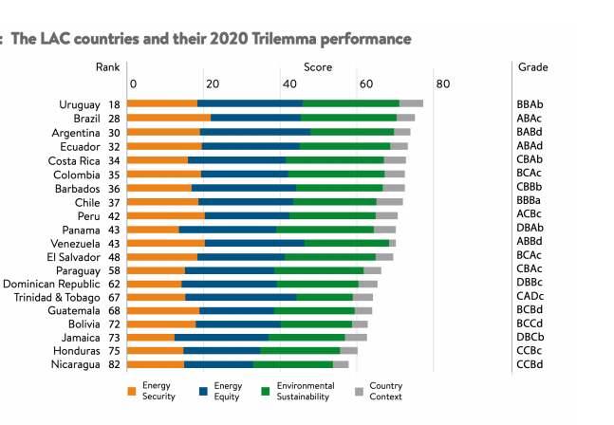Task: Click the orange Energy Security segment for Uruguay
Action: tap(162, 102)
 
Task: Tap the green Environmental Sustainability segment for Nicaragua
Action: tap(293, 364)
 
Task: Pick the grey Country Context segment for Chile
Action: tap(390, 201)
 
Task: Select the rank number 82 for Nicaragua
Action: tap(114, 364)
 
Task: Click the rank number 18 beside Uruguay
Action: tap(114, 103)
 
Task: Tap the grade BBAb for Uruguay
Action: tap(530, 103)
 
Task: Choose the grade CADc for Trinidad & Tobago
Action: tap(530, 297)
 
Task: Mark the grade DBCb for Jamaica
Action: tap(530, 337)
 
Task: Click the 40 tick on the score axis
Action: tap(288, 84)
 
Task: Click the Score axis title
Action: tap(318, 67)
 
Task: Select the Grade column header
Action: tap(532, 67)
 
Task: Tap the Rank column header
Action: tap(107, 67)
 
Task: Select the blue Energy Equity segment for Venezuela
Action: tap(254, 243)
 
